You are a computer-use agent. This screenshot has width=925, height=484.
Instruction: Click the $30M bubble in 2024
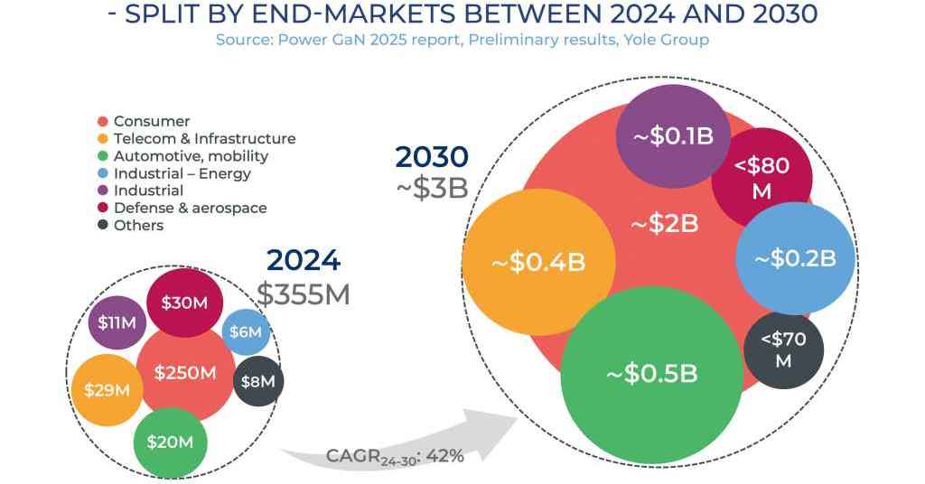click(x=184, y=303)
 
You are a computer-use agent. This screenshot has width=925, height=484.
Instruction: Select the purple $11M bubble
click(x=117, y=322)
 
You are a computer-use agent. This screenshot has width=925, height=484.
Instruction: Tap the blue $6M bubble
click(x=246, y=332)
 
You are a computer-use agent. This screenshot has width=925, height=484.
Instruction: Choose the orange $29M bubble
click(x=107, y=390)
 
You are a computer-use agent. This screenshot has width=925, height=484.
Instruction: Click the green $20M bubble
click(x=171, y=441)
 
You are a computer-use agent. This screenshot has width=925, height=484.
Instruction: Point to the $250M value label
click(x=185, y=372)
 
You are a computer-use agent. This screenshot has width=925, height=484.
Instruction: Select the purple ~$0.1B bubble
click(x=673, y=136)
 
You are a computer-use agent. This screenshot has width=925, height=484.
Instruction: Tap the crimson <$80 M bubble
click(x=761, y=178)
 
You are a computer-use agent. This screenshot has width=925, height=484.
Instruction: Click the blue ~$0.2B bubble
click(x=795, y=258)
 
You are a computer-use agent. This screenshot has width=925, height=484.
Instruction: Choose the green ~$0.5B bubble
click(x=651, y=374)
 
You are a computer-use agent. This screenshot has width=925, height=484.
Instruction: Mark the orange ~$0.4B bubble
click(x=539, y=263)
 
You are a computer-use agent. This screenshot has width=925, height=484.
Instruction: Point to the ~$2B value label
click(x=664, y=224)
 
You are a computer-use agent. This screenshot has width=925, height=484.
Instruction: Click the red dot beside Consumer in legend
click(x=103, y=121)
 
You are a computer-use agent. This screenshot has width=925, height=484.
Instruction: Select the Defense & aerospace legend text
click(x=190, y=208)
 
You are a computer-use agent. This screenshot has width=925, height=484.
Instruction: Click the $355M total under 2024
click(x=303, y=293)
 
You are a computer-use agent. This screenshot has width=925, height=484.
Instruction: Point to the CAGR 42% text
click(x=395, y=457)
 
